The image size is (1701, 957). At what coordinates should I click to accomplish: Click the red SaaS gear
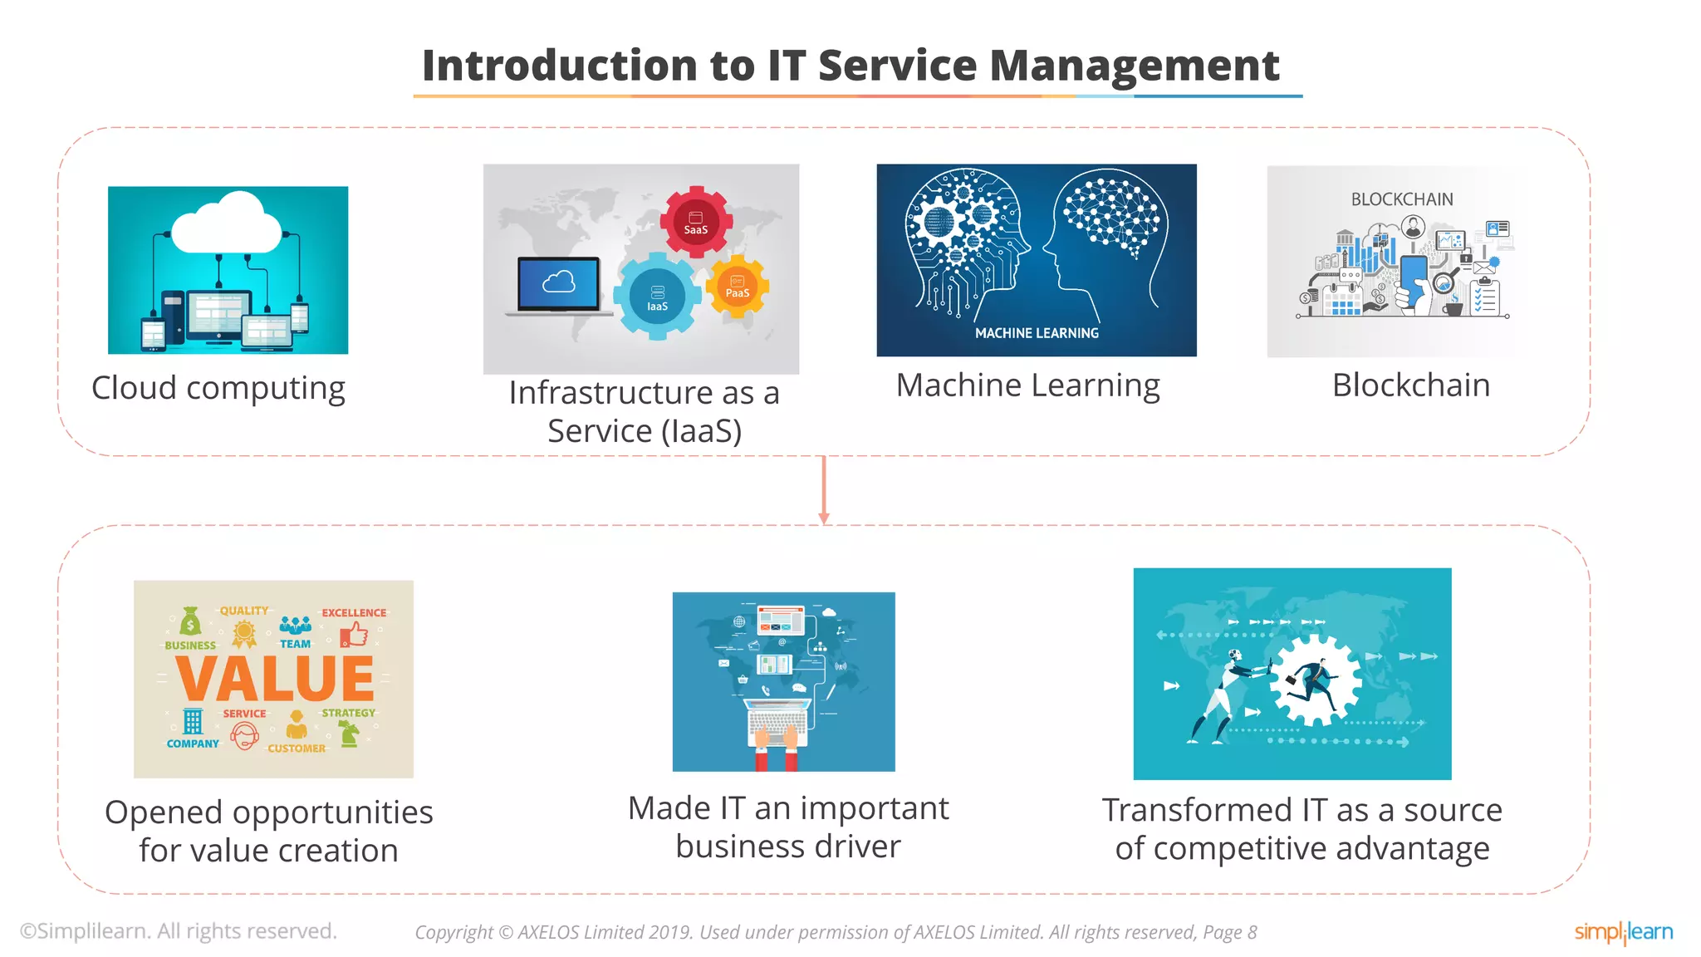tap(696, 222)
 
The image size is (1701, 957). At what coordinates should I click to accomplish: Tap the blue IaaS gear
tap(657, 297)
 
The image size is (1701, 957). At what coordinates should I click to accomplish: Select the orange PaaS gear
tap(737, 287)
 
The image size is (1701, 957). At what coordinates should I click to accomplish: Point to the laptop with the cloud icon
tap(558, 287)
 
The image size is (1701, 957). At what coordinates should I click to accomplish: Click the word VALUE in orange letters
tap(275, 679)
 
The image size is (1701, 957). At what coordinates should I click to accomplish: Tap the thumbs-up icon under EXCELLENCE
tap(355, 636)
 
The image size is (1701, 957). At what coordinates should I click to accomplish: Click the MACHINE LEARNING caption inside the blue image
tap(1037, 333)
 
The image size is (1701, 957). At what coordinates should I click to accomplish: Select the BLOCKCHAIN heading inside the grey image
tap(1401, 199)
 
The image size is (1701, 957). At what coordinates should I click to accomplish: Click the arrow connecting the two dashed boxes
tap(823, 490)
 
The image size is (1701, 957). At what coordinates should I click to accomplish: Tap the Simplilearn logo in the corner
tap(1623, 932)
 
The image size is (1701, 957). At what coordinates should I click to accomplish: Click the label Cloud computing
tap(218, 388)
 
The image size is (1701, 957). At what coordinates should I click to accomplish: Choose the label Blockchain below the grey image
tap(1410, 385)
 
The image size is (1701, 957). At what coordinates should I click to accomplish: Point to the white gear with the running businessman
tap(1316, 681)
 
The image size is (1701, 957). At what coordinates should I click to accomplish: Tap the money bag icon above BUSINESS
tap(190, 621)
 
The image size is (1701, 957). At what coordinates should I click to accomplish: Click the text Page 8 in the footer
tap(1229, 933)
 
